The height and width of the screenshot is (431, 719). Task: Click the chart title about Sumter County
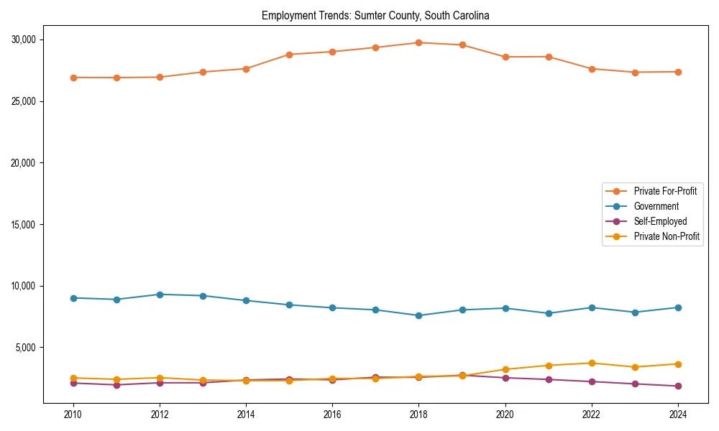tap(375, 15)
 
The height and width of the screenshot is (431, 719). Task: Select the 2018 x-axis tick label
tap(418, 414)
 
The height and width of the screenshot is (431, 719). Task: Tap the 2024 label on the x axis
tap(678, 414)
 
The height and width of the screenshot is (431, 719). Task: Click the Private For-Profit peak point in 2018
tap(418, 42)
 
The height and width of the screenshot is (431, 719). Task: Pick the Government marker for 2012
tap(160, 295)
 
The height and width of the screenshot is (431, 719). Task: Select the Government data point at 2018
tap(418, 315)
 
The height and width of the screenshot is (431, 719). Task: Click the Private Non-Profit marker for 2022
tap(592, 363)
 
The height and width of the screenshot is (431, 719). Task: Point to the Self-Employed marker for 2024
tap(678, 386)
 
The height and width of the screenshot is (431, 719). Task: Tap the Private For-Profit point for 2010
tap(73, 78)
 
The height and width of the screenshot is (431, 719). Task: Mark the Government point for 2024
tap(678, 307)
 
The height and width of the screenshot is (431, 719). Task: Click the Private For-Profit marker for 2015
tap(289, 55)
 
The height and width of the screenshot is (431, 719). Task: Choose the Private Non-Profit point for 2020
tap(505, 369)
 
